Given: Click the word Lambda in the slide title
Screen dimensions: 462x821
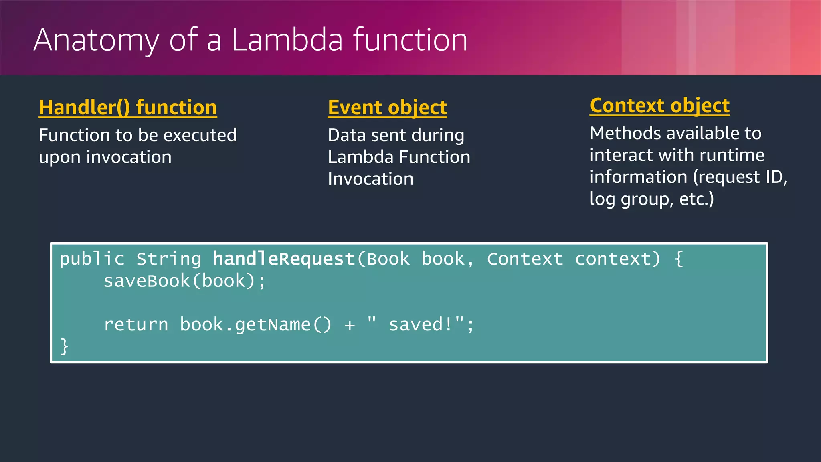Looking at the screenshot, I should [287, 40].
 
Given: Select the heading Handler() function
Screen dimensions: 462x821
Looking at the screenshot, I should [128, 107].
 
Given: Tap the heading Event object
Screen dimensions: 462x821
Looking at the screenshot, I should [387, 107].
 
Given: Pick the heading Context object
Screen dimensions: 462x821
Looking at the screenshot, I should [659, 105].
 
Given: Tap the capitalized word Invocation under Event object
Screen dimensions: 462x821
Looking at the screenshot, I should [370, 179].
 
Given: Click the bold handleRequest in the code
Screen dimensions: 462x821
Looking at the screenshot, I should [284, 259].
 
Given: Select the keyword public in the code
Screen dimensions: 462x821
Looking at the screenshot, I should [92, 259].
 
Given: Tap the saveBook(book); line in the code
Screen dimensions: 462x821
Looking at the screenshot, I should [184, 281].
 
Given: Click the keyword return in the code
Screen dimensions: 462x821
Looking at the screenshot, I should [136, 324].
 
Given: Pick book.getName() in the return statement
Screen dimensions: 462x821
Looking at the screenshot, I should [255, 324].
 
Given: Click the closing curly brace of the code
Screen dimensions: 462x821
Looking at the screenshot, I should [64, 346].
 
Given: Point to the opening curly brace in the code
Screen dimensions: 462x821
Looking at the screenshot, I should [679, 259].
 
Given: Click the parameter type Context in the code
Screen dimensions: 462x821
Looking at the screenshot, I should [525, 259].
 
